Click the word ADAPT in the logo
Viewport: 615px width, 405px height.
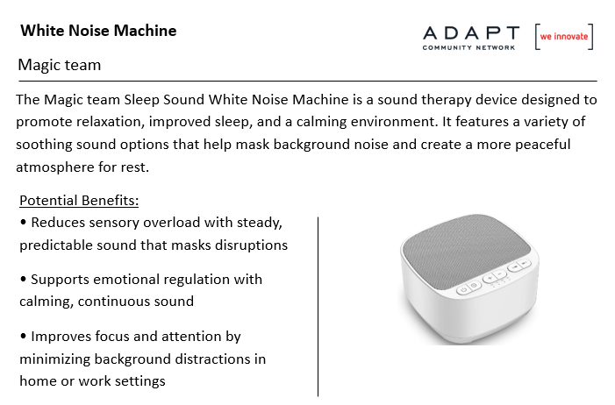(x=471, y=33)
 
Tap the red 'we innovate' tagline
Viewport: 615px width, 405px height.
(x=564, y=37)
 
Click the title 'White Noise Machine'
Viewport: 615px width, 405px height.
(x=98, y=31)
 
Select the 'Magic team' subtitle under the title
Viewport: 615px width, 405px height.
(x=60, y=65)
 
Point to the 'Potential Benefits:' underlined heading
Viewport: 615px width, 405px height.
(x=79, y=201)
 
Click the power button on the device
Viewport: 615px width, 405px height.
(x=463, y=290)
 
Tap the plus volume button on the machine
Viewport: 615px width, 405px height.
(x=490, y=279)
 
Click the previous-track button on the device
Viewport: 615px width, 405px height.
(x=515, y=266)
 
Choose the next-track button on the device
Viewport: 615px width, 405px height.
(x=525, y=263)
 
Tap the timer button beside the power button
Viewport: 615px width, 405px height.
(x=475, y=286)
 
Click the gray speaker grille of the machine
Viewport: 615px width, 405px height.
(x=467, y=251)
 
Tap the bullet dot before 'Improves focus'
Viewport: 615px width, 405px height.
(x=24, y=336)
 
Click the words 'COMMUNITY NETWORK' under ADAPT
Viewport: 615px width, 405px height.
(x=468, y=47)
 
